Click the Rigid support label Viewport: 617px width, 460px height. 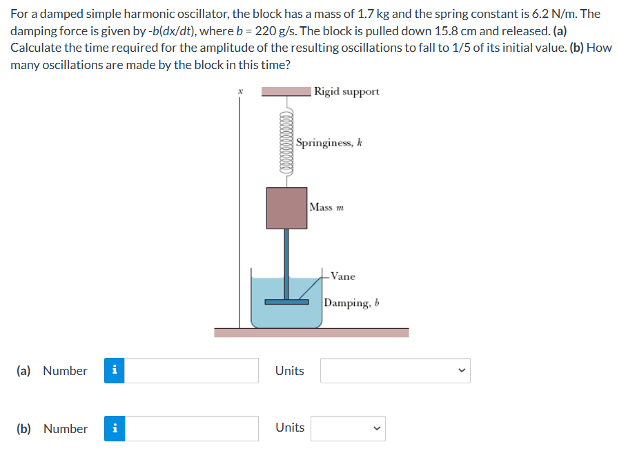coord(346,91)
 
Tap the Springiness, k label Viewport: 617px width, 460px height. coord(329,143)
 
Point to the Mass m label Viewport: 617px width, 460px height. coord(326,207)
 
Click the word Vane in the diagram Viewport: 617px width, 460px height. coord(342,276)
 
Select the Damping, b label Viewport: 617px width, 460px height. coord(352,303)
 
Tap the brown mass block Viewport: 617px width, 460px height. coord(286,208)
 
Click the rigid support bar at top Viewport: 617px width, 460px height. coord(286,91)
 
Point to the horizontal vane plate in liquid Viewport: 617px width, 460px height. coord(286,301)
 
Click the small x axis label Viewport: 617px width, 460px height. coord(240,90)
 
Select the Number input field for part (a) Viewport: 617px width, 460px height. coord(191,371)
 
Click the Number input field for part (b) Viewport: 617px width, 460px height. coord(191,429)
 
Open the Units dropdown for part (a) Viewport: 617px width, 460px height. coord(395,371)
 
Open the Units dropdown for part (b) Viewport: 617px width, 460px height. coord(348,429)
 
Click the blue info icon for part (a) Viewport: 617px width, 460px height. coord(114,371)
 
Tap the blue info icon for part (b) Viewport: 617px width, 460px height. coord(114,429)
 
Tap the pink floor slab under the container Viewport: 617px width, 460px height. coord(311,333)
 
